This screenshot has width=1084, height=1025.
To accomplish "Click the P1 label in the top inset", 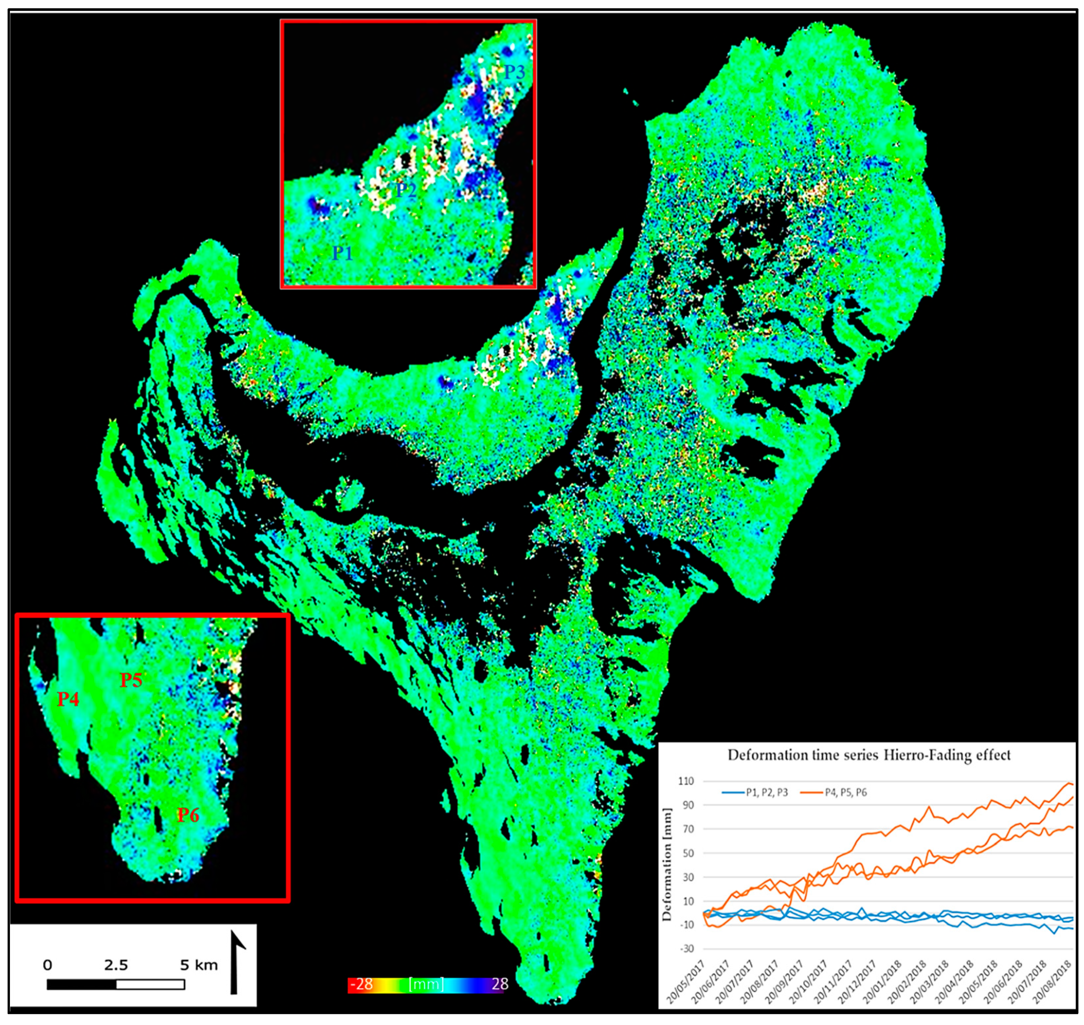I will (x=343, y=253).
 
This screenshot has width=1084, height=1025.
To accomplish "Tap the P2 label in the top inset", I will (x=406, y=190).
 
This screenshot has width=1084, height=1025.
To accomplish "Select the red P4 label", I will (x=68, y=699).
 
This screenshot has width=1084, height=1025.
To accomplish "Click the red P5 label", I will (x=131, y=680).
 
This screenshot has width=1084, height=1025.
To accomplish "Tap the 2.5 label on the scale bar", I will (x=116, y=965).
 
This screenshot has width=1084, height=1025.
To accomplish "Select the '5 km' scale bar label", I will (x=199, y=965).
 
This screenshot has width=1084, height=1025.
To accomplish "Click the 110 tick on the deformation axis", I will (x=686, y=781).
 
